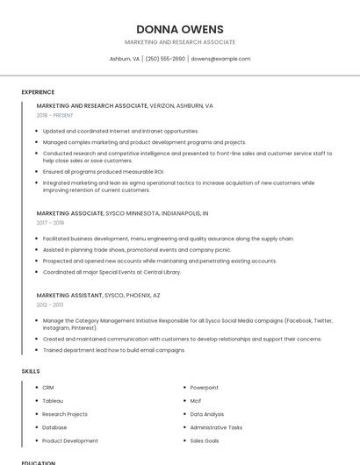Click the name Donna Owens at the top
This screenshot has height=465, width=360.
coord(180,29)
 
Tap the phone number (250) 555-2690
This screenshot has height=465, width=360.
coord(165,59)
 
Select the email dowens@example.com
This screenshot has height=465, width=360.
coord(220,59)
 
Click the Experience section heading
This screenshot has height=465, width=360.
coord(38,92)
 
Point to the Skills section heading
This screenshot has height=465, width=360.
coord(31,371)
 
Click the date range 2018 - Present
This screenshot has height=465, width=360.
coord(54,115)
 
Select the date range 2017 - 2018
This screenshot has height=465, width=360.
coord(50,223)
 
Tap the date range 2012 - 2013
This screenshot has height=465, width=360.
coord(50,304)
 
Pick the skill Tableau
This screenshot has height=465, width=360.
coord(53,401)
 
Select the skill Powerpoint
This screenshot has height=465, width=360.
coord(205,388)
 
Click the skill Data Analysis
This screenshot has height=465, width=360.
coord(207,414)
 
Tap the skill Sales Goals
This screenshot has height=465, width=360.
coord(205,440)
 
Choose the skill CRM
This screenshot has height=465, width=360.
coord(48,388)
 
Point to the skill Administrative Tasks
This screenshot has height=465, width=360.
coord(216,427)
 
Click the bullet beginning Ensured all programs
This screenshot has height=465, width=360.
coord(104,171)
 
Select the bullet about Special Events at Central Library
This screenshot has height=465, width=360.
coord(112,271)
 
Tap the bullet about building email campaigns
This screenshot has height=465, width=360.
coord(114,350)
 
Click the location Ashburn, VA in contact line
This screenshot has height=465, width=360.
coord(124,59)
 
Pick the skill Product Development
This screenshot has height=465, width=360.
coord(70,440)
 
